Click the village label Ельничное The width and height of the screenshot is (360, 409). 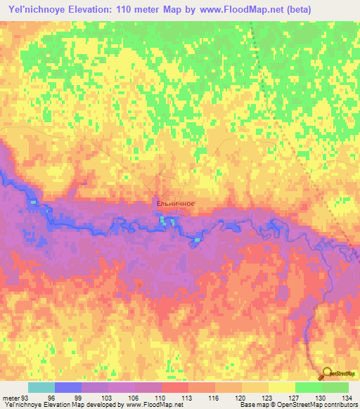tap(175, 204)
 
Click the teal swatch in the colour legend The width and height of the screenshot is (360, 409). tap(41, 387)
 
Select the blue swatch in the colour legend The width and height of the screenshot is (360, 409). tap(67, 387)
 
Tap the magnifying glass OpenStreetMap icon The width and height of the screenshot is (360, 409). tap(328, 374)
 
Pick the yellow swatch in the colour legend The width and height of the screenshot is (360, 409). tap(281, 387)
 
